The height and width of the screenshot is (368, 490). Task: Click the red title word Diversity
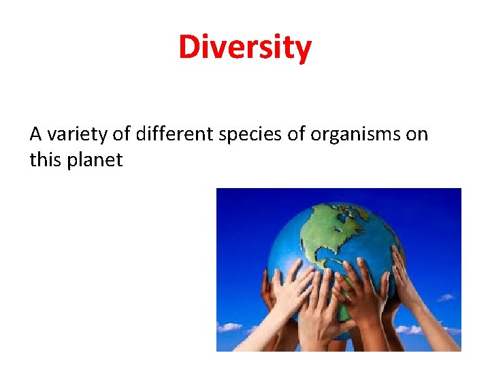click(x=245, y=48)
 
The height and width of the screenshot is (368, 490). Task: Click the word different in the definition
click(x=174, y=134)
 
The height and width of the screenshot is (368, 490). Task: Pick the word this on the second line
click(x=46, y=160)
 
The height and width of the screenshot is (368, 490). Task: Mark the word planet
click(x=95, y=161)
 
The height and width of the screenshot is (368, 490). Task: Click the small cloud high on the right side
click(x=445, y=297)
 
